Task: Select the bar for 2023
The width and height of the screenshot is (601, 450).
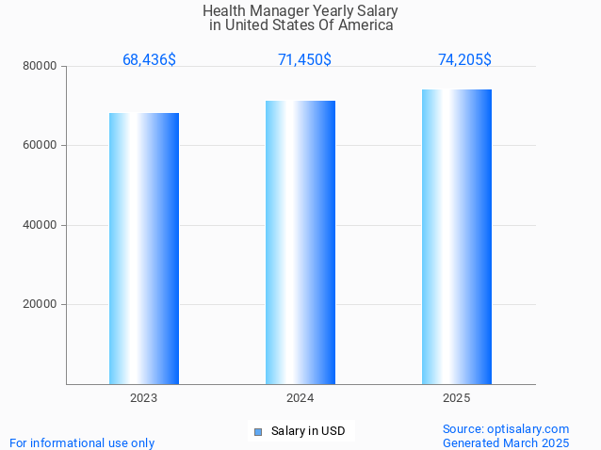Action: click(x=144, y=249)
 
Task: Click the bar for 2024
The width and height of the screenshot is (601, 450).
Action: click(x=300, y=242)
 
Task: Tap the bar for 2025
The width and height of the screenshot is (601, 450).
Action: click(x=457, y=236)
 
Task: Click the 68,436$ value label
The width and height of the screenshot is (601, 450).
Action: click(x=149, y=60)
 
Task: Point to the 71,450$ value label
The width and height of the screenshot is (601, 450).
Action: click(x=304, y=60)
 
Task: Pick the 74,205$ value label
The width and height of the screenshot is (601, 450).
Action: click(x=464, y=60)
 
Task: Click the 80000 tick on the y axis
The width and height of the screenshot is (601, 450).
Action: click(x=41, y=67)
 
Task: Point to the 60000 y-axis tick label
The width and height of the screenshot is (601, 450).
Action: click(x=41, y=146)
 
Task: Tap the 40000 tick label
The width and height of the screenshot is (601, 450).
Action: click(x=41, y=225)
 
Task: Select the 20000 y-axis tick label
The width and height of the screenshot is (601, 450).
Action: click(x=41, y=305)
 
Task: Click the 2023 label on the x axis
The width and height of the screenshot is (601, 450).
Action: click(x=144, y=398)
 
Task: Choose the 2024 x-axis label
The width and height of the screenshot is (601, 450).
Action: click(x=300, y=398)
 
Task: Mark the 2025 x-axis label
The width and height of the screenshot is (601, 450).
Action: click(x=457, y=398)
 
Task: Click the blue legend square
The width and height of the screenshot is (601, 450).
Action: click(x=257, y=432)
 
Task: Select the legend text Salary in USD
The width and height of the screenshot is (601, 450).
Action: click(x=308, y=432)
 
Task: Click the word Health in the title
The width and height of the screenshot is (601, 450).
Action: click(x=223, y=11)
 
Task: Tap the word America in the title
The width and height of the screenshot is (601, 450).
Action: click(x=365, y=25)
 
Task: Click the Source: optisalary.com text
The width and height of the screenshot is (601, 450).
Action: click(x=506, y=429)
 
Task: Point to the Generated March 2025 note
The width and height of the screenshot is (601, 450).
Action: click(x=506, y=442)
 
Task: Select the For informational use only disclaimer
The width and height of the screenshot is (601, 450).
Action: click(x=82, y=442)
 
